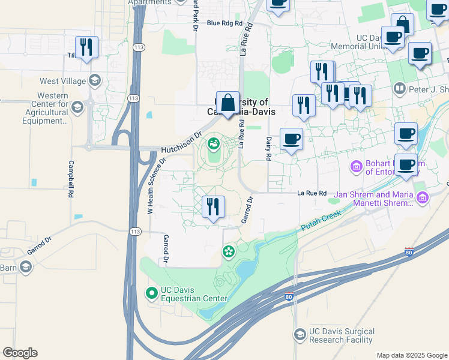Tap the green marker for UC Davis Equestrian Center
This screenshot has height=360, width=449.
[x=152, y=293]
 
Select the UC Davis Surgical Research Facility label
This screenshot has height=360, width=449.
[x=342, y=335]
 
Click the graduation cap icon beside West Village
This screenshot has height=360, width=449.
[x=94, y=80]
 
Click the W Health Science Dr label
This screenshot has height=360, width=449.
[x=155, y=186]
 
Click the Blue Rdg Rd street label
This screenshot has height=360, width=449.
[x=224, y=23]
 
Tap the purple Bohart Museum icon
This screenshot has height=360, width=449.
[x=356, y=166]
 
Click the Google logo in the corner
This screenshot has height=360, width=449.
[x=20, y=353]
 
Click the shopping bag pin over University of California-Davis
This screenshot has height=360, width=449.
[x=228, y=103]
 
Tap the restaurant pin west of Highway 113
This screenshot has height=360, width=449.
[x=86, y=47]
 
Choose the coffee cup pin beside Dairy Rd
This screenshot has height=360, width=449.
[x=292, y=139]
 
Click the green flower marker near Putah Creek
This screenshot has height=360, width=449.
[x=228, y=252]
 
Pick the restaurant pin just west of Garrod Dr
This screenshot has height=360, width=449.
[x=213, y=208]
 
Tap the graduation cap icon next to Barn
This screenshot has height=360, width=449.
[x=25, y=267]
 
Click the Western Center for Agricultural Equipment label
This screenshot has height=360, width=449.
[x=52, y=108]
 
